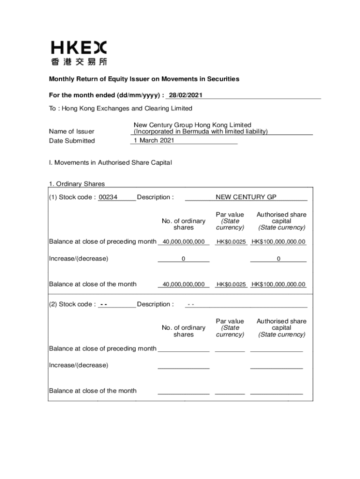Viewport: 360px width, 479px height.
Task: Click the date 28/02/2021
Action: [186, 95]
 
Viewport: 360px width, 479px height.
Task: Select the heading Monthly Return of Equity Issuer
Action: [144, 79]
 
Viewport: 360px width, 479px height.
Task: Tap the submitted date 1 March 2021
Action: [154, 140]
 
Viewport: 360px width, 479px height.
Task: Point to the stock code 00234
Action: [108, 197]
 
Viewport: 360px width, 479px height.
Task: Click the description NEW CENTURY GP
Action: [246, 197]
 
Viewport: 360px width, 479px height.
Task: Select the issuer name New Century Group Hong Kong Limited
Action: [193, 125]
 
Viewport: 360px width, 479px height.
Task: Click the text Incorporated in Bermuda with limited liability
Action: [199, 131]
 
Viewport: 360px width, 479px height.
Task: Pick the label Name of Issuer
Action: [72, 131]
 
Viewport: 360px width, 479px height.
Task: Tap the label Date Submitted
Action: [72, 141]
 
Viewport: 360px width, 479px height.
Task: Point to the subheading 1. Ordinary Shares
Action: [77, 184]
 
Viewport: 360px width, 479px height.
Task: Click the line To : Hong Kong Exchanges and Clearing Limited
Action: [121, 109]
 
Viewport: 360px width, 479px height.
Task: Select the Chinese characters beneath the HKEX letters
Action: [79, 61]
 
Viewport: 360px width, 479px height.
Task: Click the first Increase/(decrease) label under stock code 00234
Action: [79, 258]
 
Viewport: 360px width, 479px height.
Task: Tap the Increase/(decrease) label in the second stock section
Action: [79, 365]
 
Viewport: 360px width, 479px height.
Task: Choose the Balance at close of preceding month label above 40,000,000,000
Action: [102, 241]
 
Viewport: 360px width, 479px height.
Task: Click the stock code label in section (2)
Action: [72, 304]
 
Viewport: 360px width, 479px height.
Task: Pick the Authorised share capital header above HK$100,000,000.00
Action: [281, 221]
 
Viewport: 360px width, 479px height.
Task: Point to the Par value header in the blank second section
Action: [230, 327]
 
